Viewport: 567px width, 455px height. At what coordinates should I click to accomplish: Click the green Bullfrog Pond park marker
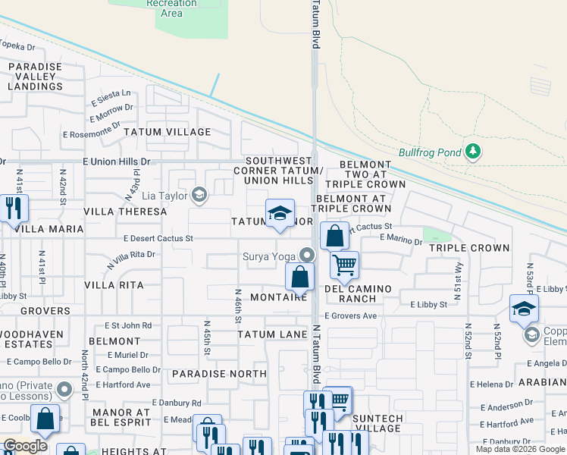pyautogui.click(x=473, y=152)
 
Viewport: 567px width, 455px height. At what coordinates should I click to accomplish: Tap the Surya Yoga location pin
pyautogui.click(x=306, y=256)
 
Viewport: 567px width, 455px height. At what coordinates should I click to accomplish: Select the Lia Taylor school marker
pyautogui.click(x=199, y=196)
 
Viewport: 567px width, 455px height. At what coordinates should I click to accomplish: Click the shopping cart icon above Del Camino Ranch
pyautogui.click(x=344, y=265)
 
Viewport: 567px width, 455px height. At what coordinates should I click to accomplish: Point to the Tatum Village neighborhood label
pyautogui.click(x=167, y=132)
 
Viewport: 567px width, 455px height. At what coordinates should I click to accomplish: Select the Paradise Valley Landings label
pyautogui.click(x=36, y=77)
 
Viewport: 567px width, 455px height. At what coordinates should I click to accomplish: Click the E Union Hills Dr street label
pyautogui.click(x=117, y=162)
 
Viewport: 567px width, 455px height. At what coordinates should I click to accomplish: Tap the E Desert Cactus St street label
pyautogui.click(x=159, y=238)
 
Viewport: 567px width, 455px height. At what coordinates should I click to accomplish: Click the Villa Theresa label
pyautogui.click(x=125, y=212)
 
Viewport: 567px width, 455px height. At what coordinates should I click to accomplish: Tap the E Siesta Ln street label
pyautogui.click(x=111, y=99)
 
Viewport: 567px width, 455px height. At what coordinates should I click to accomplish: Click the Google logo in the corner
pyautogui.click(x=25, y=446)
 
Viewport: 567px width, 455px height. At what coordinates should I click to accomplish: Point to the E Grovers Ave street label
pyautogui.click(x=350, y=315)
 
